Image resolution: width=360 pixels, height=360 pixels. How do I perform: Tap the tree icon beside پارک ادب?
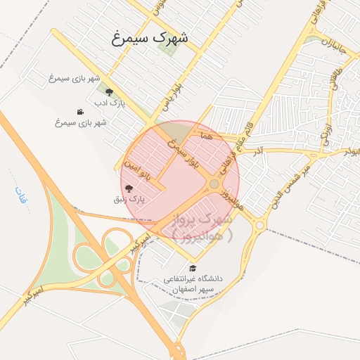pyautogui.click(x=108, y=91)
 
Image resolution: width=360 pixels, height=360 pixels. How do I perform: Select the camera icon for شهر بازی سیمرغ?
pyautogui.click(x=81, y=112)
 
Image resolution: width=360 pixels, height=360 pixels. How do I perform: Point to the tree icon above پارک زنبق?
pyautogui.click(x=129, y=188)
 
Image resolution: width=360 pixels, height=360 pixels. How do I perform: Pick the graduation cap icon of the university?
pyautogui.click(x=193, y=268)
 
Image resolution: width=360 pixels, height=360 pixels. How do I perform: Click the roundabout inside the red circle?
pyautogui.click(x=214, y=184)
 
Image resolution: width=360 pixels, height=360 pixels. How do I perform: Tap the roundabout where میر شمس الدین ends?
pyautogui.click(x=260, y=225)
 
